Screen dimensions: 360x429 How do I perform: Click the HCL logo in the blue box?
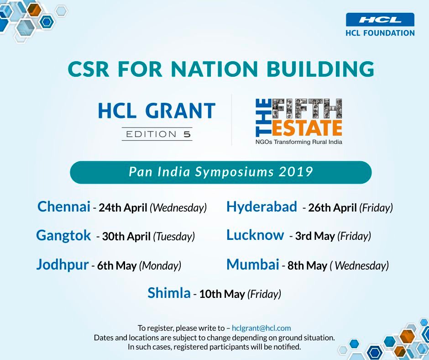point(380,20)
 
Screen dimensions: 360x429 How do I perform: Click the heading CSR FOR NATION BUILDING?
point(221,69)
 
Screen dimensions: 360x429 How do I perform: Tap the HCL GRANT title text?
point(157,111)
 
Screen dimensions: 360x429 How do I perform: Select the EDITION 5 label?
point(157,134)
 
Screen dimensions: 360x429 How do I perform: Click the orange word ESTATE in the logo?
point(307,128)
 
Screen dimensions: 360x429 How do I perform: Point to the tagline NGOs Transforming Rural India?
point(298,142)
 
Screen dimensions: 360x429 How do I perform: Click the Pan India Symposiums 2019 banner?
point(221,172)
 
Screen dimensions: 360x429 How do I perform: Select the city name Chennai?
point(64,207)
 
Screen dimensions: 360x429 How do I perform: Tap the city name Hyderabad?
point(262,207)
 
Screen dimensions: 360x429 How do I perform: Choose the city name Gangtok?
point(63,236)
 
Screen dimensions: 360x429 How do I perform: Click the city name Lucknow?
point(255,235)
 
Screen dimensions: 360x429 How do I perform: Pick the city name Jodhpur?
point(62,265)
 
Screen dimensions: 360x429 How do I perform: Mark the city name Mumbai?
point(252,265)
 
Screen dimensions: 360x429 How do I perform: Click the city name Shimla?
point(169,293)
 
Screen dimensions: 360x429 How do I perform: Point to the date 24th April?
point(123,208)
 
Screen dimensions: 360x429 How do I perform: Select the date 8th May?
point(307,266)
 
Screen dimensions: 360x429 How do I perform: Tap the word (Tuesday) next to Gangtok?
point(174,237)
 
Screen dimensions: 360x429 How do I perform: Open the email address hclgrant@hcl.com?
point(261,328)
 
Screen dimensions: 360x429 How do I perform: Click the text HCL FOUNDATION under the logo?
point(380,33)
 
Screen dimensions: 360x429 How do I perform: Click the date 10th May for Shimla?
point(222,294)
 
